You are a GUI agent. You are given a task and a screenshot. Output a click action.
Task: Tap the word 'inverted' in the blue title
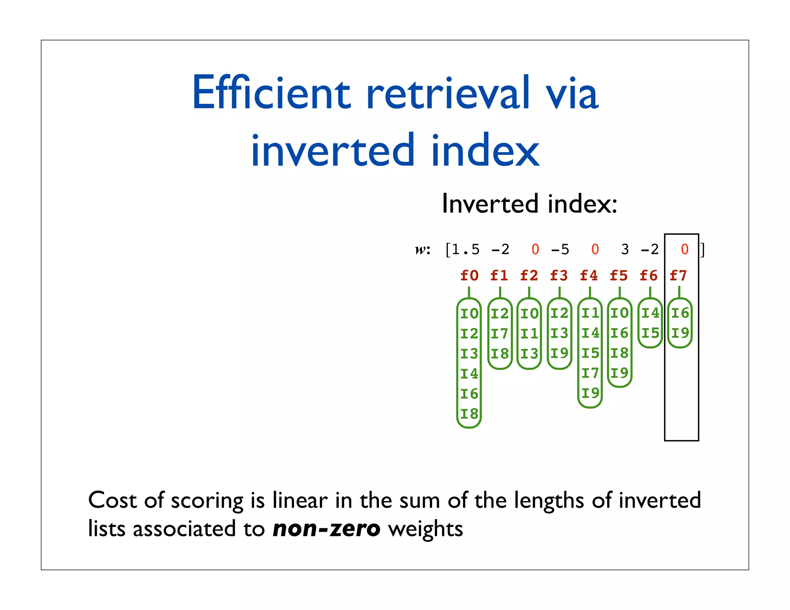click(x=333, y=151)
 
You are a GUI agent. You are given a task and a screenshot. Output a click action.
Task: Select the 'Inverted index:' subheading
click(x=529, y=204)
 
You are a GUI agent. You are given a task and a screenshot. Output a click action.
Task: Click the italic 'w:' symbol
click(x=422, y=250)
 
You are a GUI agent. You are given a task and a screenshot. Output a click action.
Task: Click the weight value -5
click(x=560, y=249)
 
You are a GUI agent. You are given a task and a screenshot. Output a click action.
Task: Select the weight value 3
click(x=625, y=249)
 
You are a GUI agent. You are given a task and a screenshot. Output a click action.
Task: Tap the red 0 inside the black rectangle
click(x=685, y=249)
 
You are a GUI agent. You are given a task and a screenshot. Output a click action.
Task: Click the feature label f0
click(x=469, y=275)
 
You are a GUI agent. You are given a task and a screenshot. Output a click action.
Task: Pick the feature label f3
click(x=559, y=275)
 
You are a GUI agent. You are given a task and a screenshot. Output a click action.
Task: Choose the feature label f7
click(x=678, y=275)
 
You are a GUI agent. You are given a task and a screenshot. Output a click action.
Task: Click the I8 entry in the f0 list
click(x=469, y=414)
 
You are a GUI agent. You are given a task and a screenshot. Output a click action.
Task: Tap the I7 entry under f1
click(x=500, y=334)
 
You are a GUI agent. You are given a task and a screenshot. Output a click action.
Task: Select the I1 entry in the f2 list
click(x=529, y=334)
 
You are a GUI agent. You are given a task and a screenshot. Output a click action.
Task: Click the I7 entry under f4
click(x=590, y=373)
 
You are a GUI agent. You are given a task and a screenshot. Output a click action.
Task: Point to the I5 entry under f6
click(x=650, y=333)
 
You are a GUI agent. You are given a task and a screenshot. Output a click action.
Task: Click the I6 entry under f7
click(x=680, y=313)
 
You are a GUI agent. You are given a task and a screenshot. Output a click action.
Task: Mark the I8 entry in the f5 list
click(x=620, y=353)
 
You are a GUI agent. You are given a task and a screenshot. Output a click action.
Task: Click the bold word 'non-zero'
click(x=326, y=529)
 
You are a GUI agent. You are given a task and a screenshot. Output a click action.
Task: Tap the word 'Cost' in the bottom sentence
click(x=112, y=500)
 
